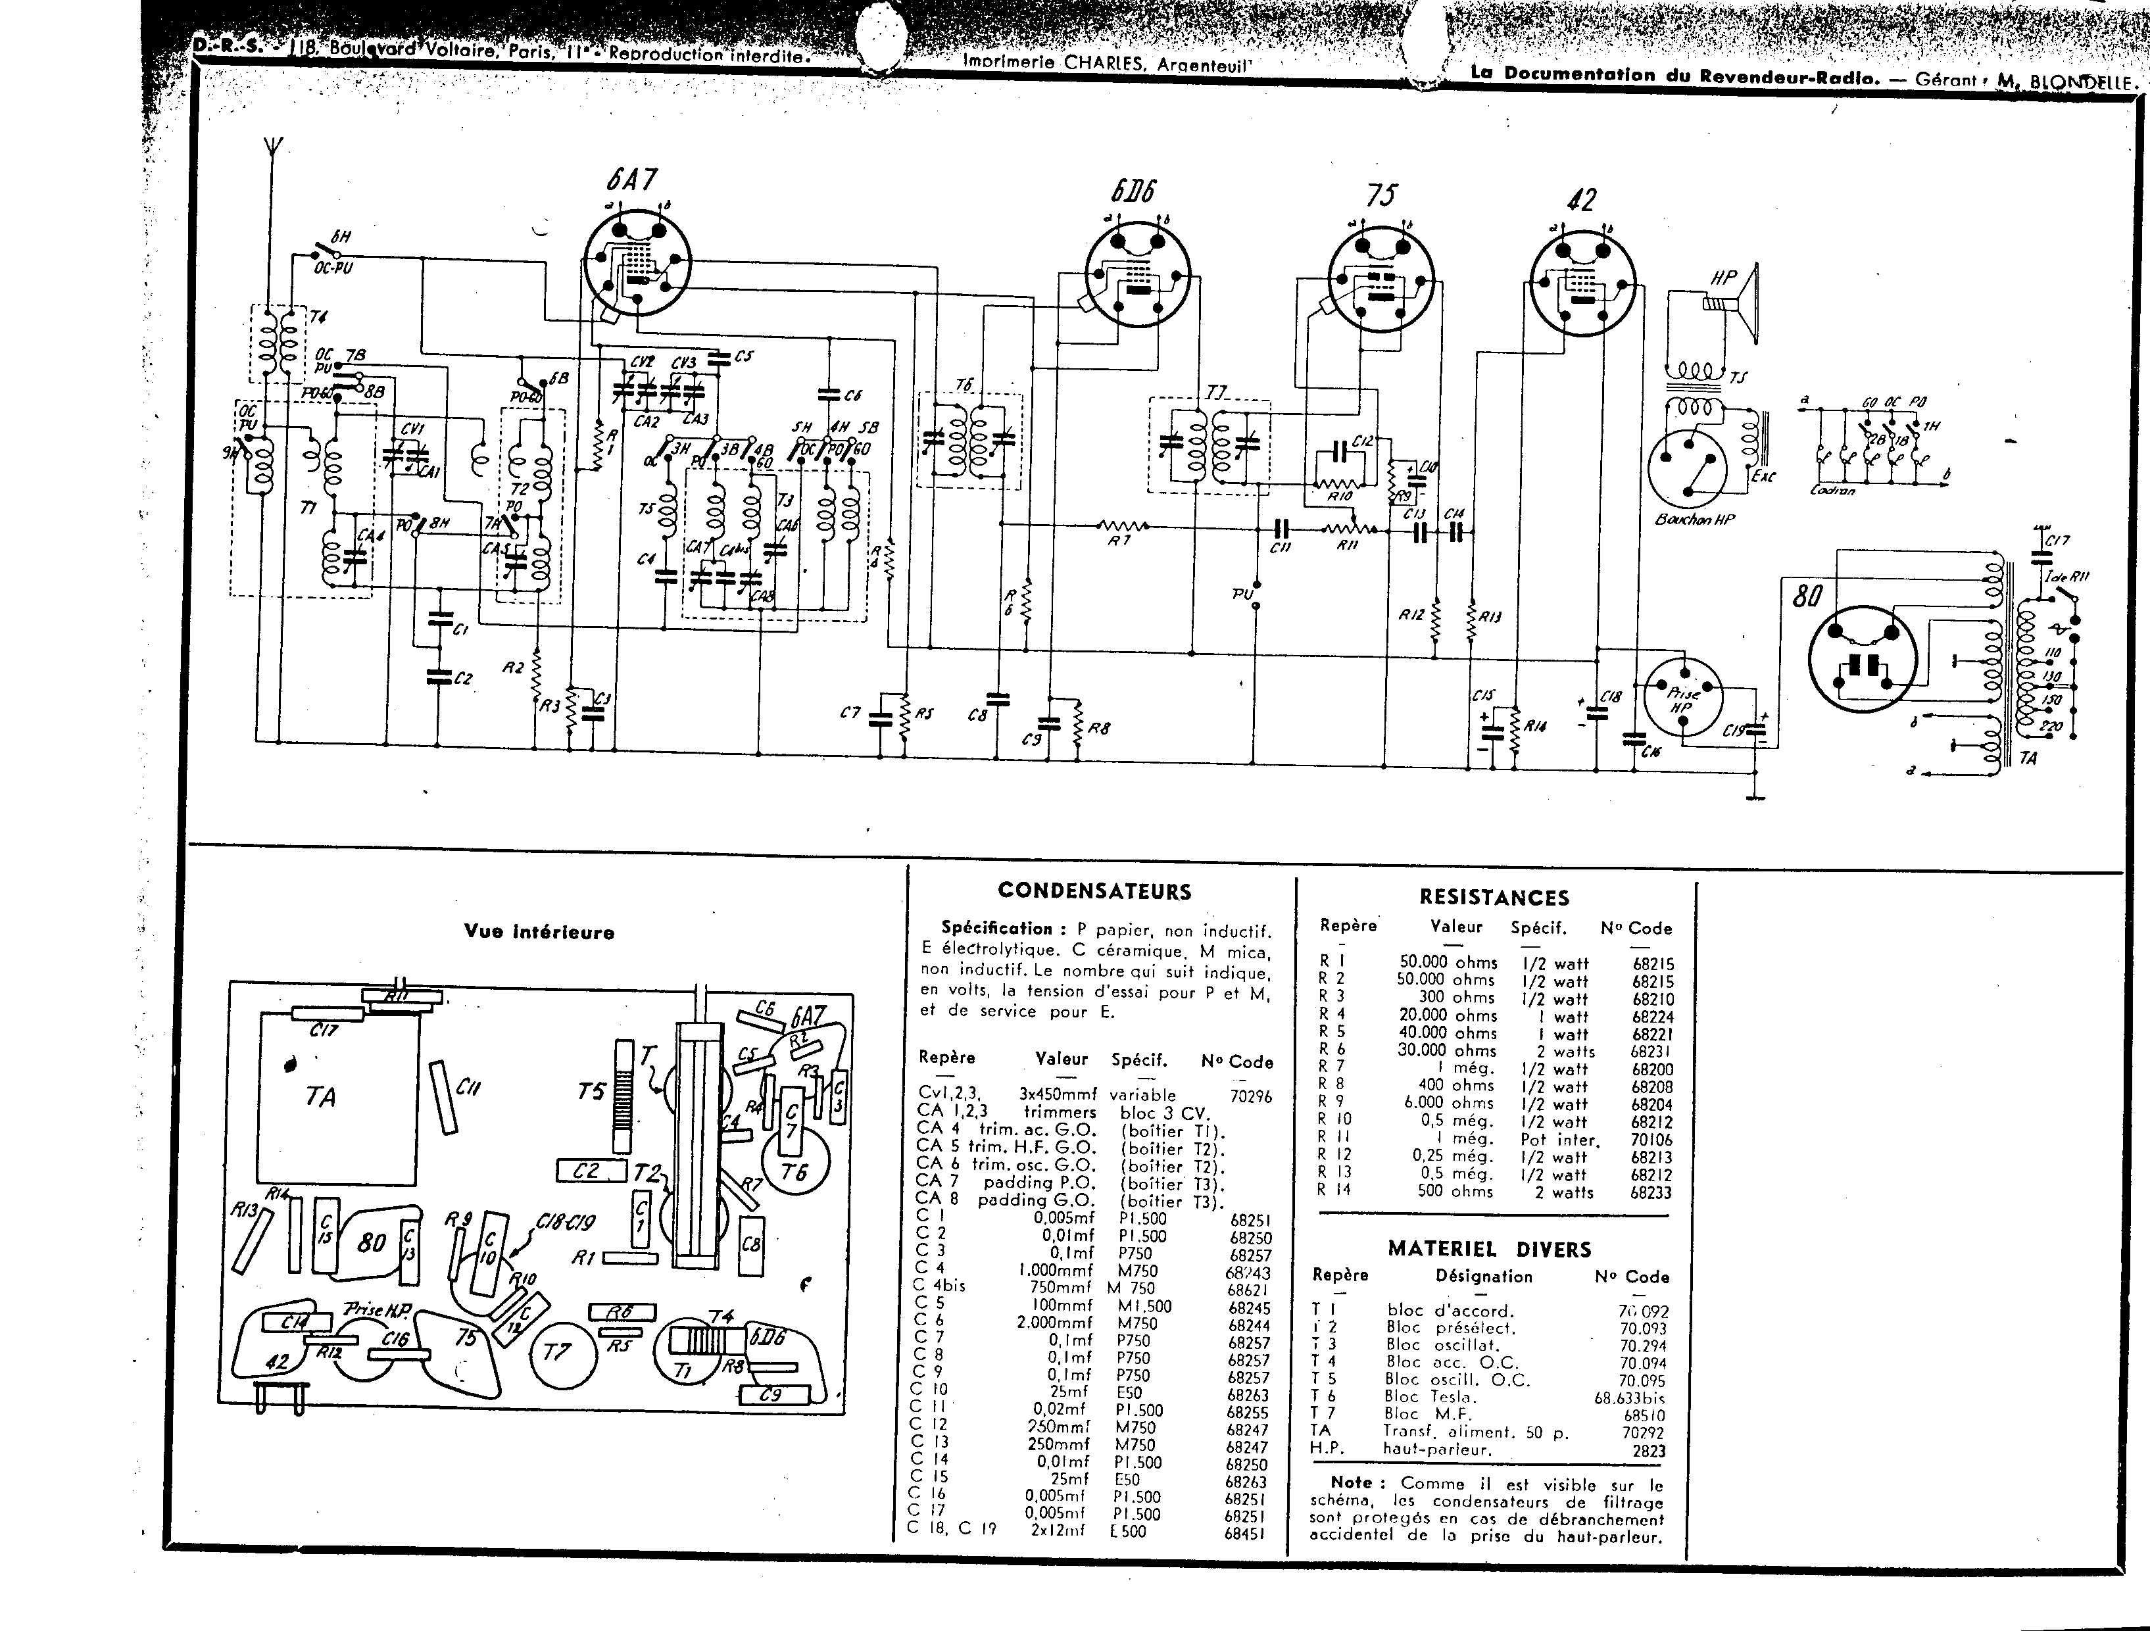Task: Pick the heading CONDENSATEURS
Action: point(1094,890)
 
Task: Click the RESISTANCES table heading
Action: point(1494,897)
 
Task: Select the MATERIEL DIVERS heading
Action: point(1489,1249)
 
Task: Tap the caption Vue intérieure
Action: point(539,932)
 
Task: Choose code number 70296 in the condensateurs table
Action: point(1250,1096)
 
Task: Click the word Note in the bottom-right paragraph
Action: point(1351,1482)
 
